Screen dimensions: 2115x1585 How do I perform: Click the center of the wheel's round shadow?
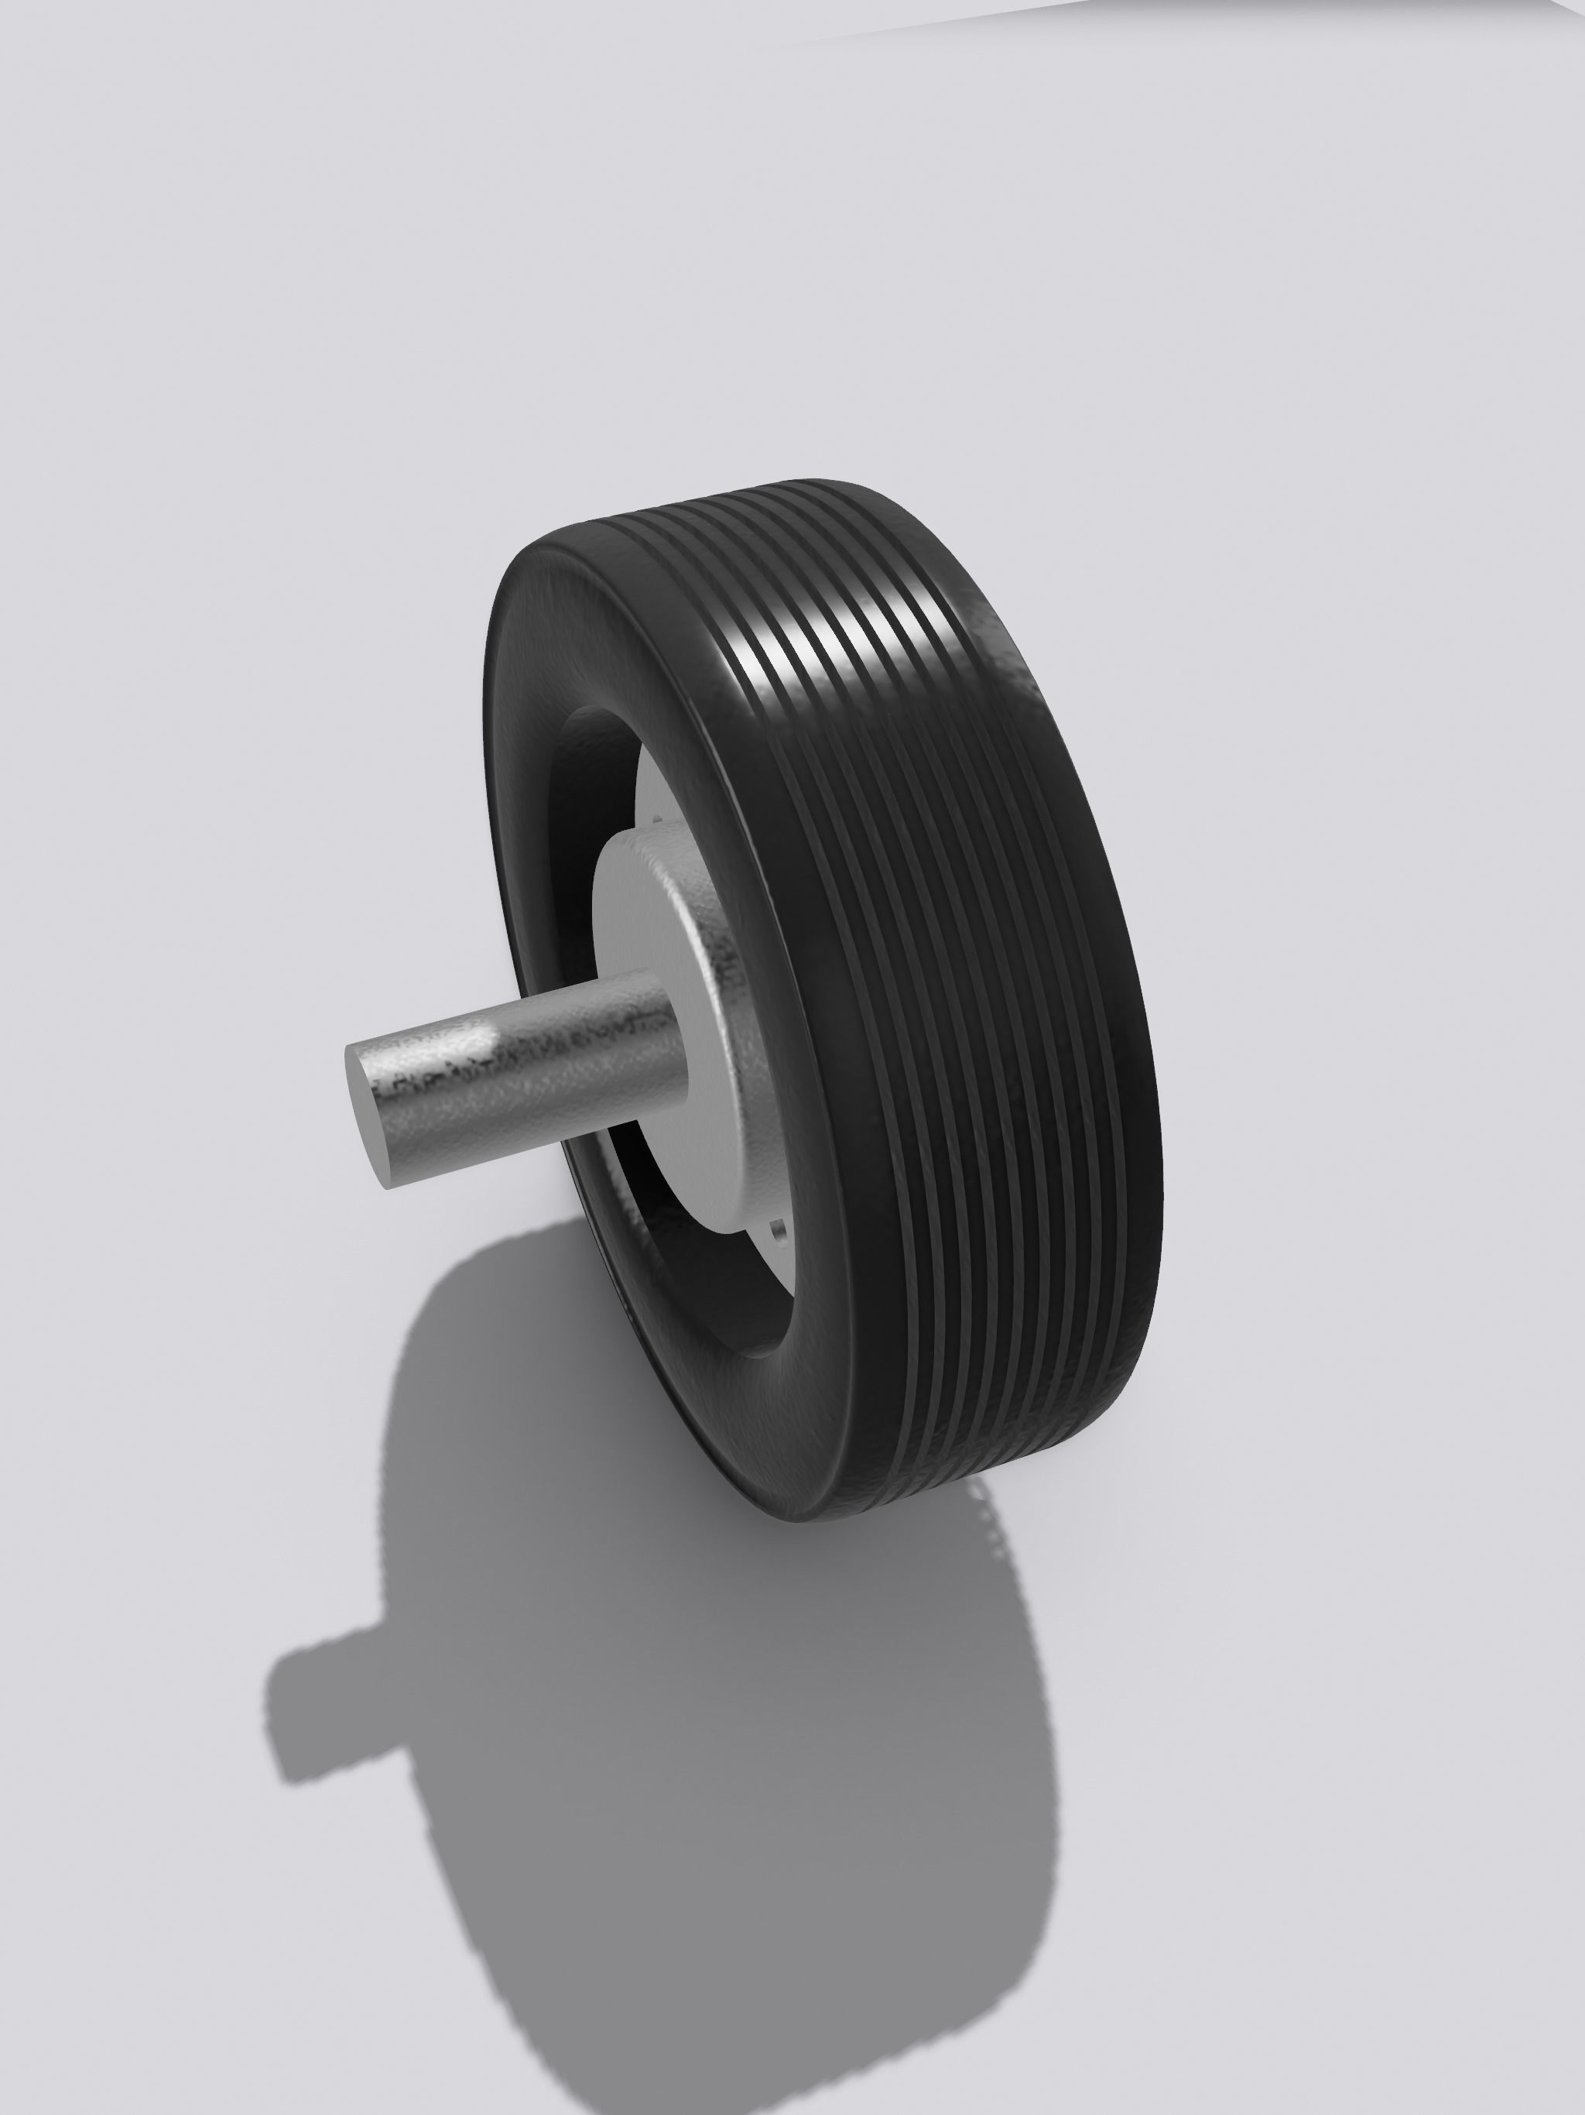[x=727, y=1750]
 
